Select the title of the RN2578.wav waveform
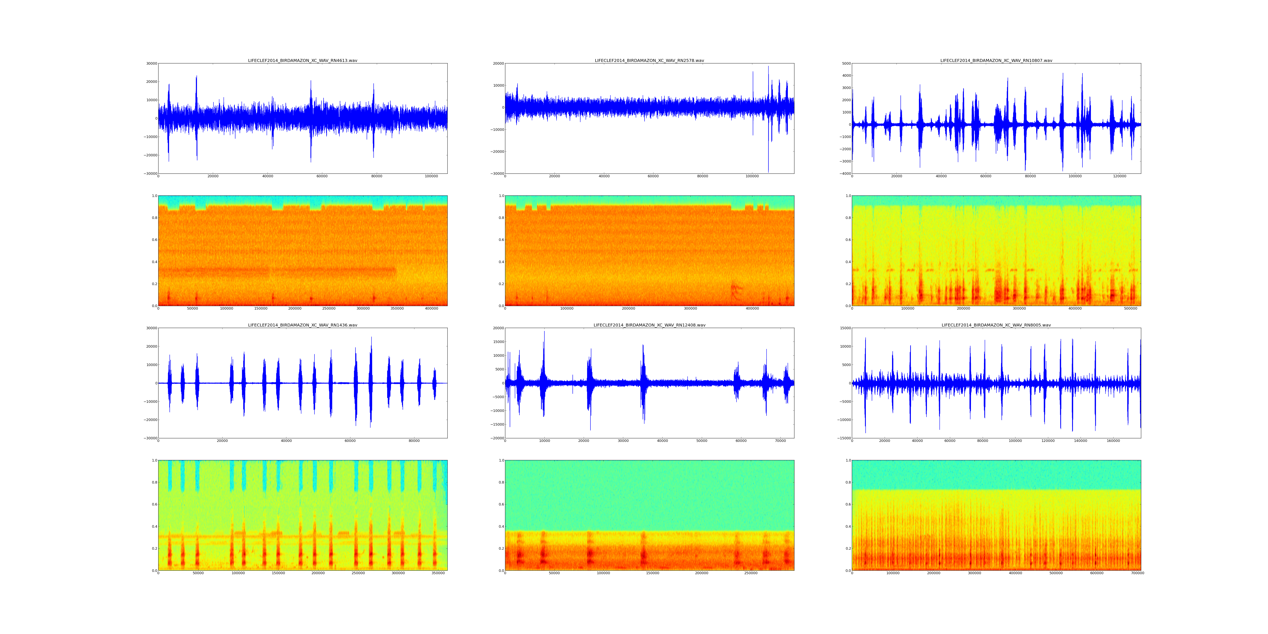[649, 60]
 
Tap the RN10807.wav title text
[996, 60]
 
